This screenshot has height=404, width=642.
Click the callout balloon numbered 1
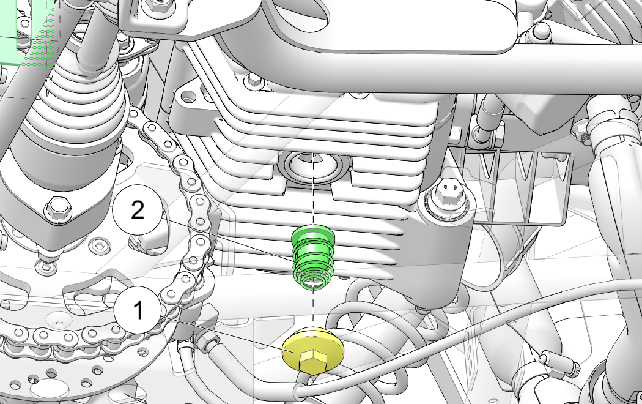(x=138, y=310)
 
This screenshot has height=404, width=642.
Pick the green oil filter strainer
(x=314, y=256)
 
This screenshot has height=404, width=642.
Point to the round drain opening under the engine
(x=313, y=166)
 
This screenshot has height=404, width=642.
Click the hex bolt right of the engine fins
(x=449, y=195)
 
